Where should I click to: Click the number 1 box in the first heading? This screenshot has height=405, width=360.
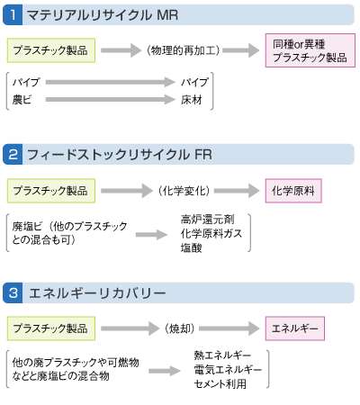tap(15, 14)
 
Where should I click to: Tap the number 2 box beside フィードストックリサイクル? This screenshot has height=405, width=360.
tap(15, 155)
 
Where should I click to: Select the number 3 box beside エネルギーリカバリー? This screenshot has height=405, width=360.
tap(15, 293)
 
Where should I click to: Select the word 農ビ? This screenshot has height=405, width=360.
tap(23, 98)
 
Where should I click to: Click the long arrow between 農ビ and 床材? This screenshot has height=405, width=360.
tap(103, 98)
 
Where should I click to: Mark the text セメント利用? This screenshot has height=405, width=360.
tap(220, 384)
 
